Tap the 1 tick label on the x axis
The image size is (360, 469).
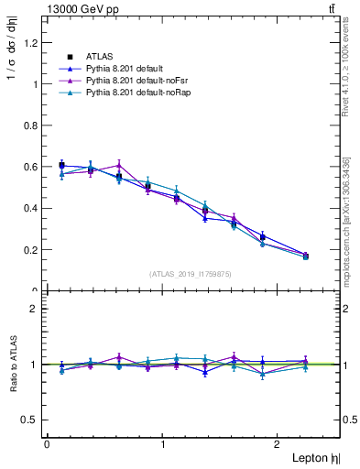[x=163, y=444]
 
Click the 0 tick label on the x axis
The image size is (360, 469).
[x=47, y=444]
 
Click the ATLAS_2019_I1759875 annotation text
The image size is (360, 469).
[x=191, y=273]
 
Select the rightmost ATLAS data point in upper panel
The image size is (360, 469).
[x=305, y=256]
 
